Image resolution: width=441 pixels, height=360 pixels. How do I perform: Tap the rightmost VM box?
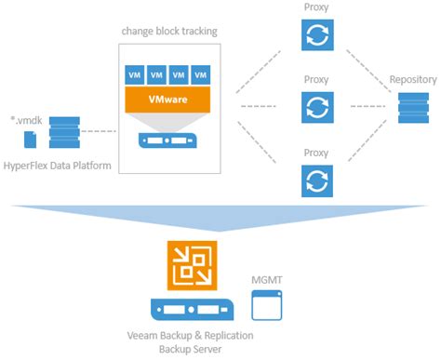pyautogui.click(x=199, y=73)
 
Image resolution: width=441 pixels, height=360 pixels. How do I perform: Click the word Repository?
pyautogui.click(x=412, y=80)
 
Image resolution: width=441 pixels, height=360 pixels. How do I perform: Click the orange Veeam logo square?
pyautogui.click(x=190, y=262)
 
